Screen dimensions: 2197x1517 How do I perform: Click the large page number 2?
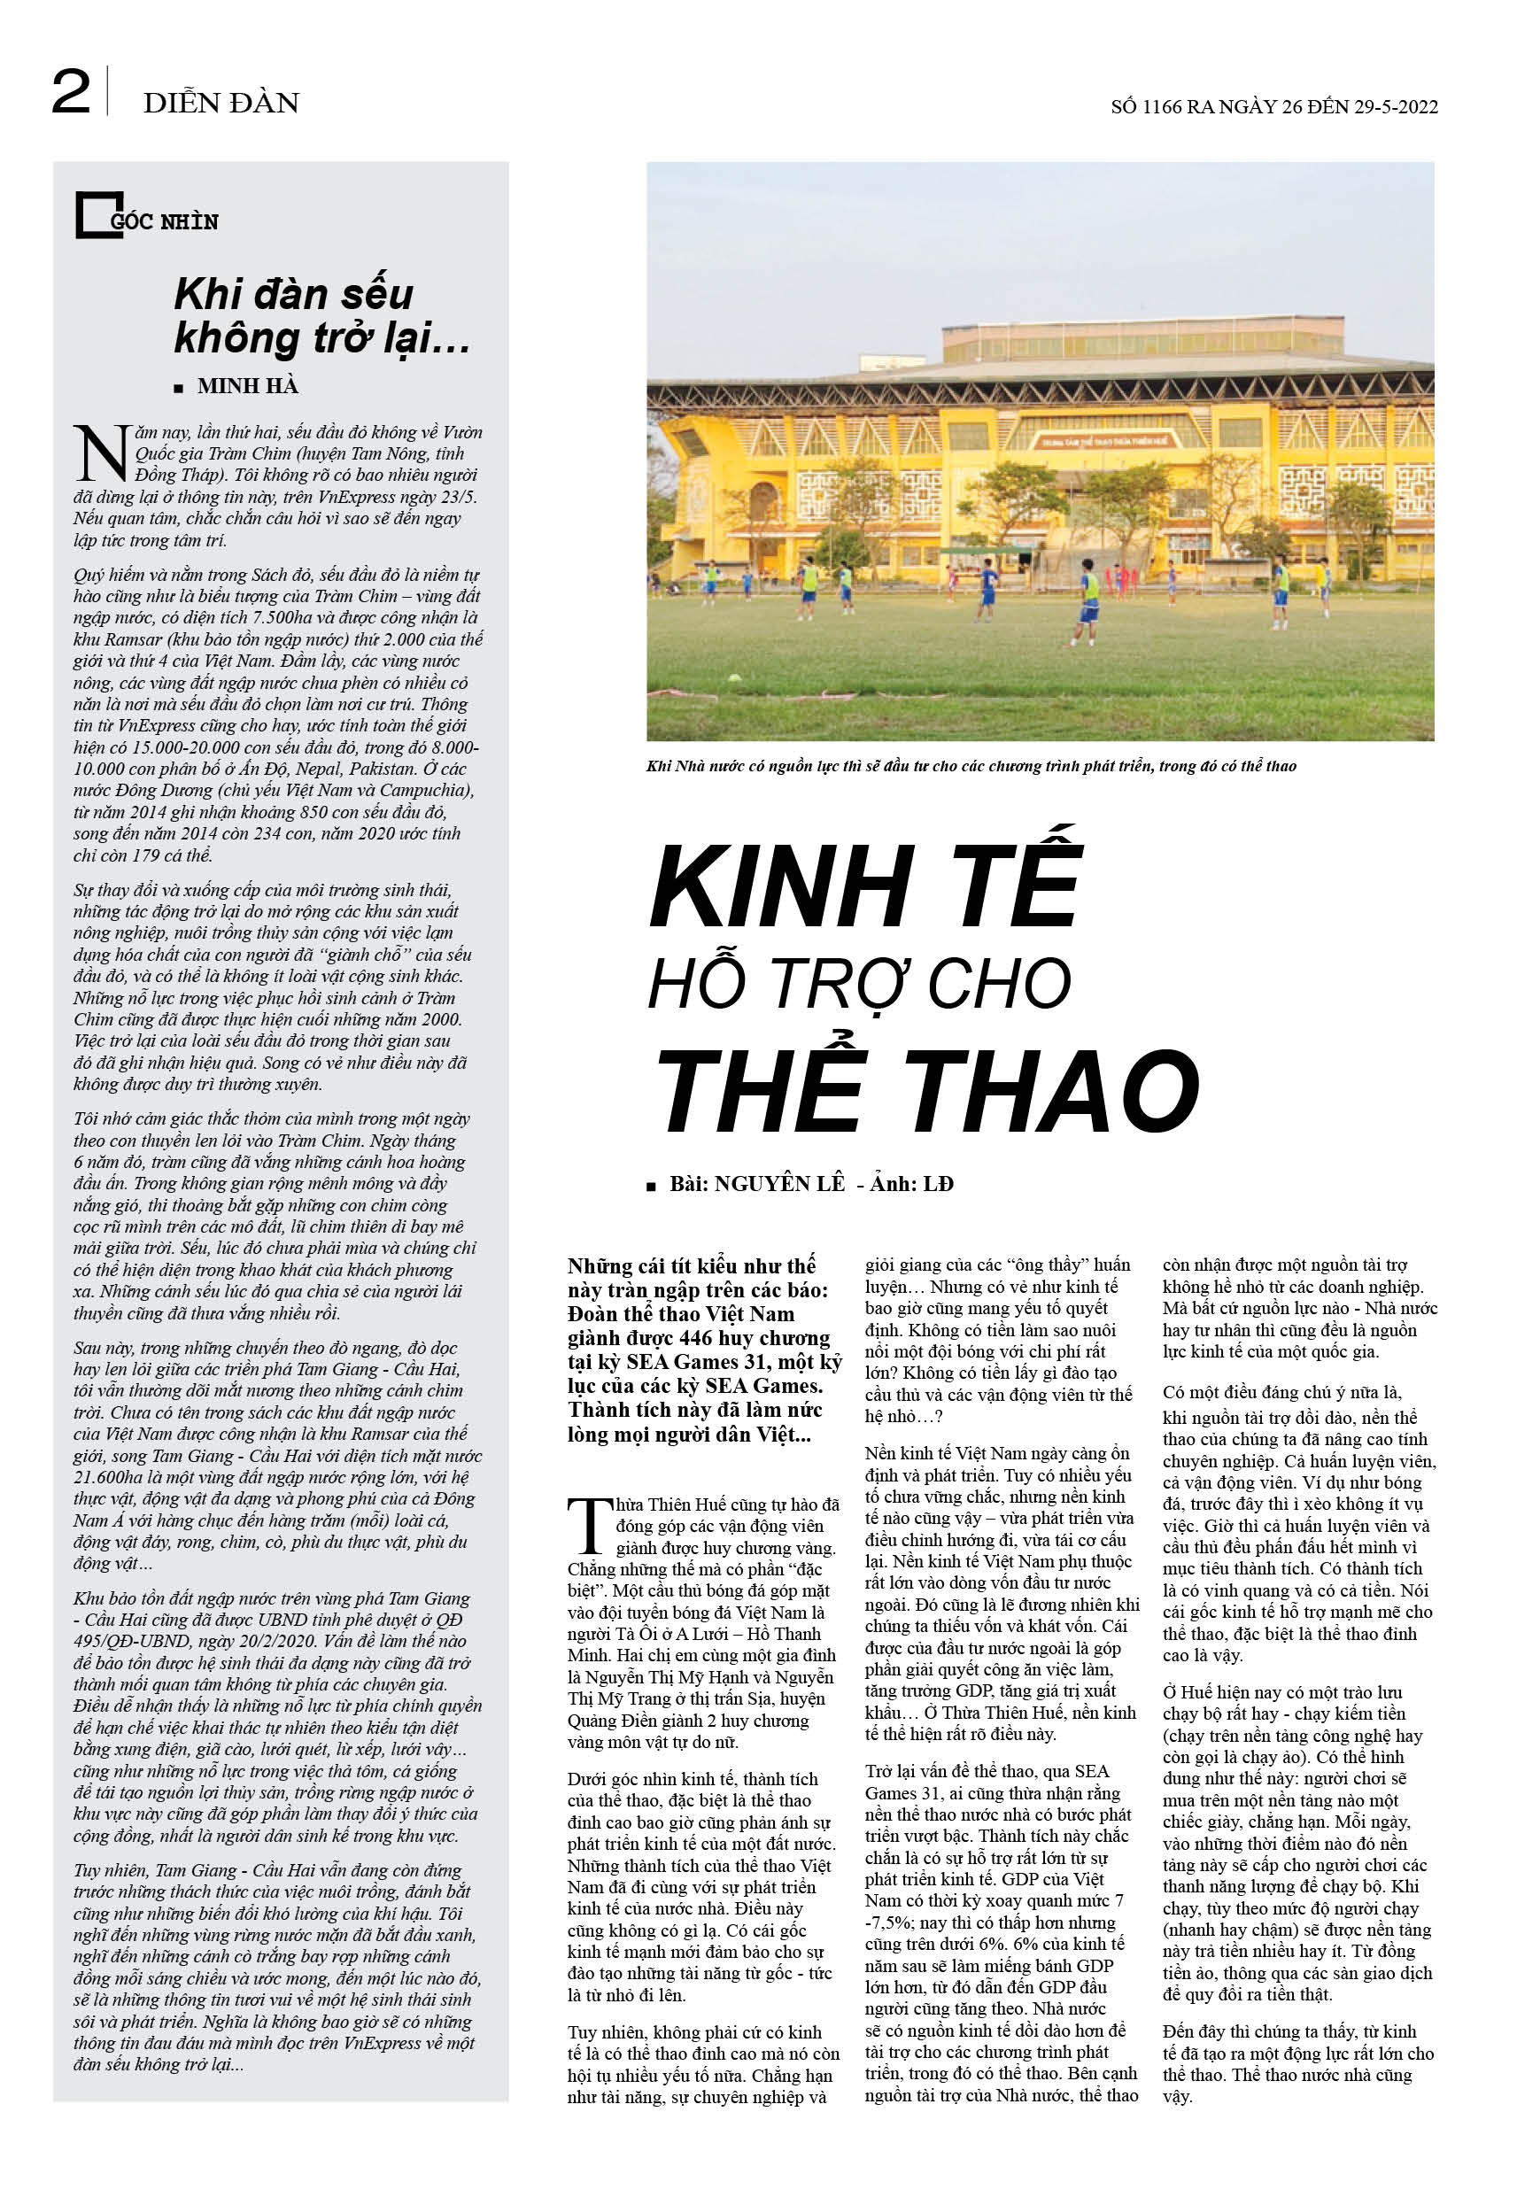[x=71, y=93]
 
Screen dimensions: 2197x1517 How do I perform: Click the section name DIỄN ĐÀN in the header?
[x=221, y=103]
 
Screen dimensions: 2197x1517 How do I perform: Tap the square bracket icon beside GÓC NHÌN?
[x=92, y=217]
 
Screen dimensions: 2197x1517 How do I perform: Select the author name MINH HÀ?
[x=248, y=386]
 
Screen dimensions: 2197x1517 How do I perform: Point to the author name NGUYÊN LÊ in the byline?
[x=779, y=1184]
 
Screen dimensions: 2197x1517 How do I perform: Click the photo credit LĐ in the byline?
[x=938, y=1184]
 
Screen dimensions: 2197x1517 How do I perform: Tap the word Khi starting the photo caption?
[x=659, y=766]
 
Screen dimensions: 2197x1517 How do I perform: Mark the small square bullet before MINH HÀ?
[x=179, y=388]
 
